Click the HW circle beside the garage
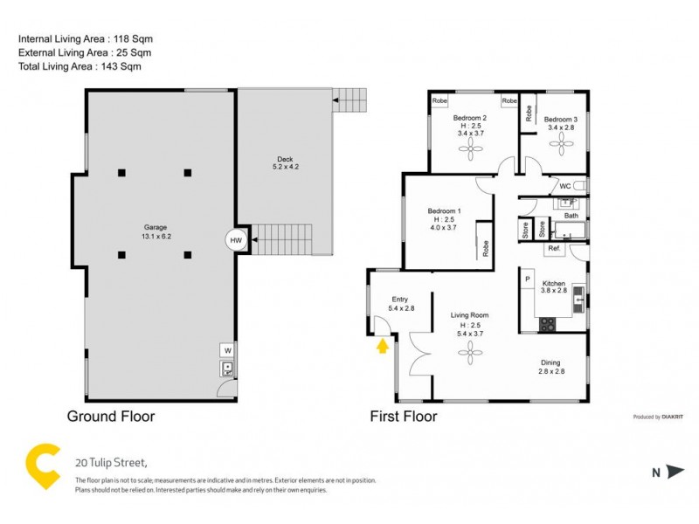coord(235,240)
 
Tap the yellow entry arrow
coord(381,347)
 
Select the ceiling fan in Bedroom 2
coord(473,150)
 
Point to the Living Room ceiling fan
coord(469,352)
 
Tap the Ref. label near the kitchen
coord(554,249)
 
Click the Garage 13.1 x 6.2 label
coord(156,231)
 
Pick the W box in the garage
coord(227,350)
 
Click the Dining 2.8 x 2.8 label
coord(550,367)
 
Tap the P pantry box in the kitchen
coord(528,279)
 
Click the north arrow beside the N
coord(675,472)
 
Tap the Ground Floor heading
coord(111,417)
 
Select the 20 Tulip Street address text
coord(110,462)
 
